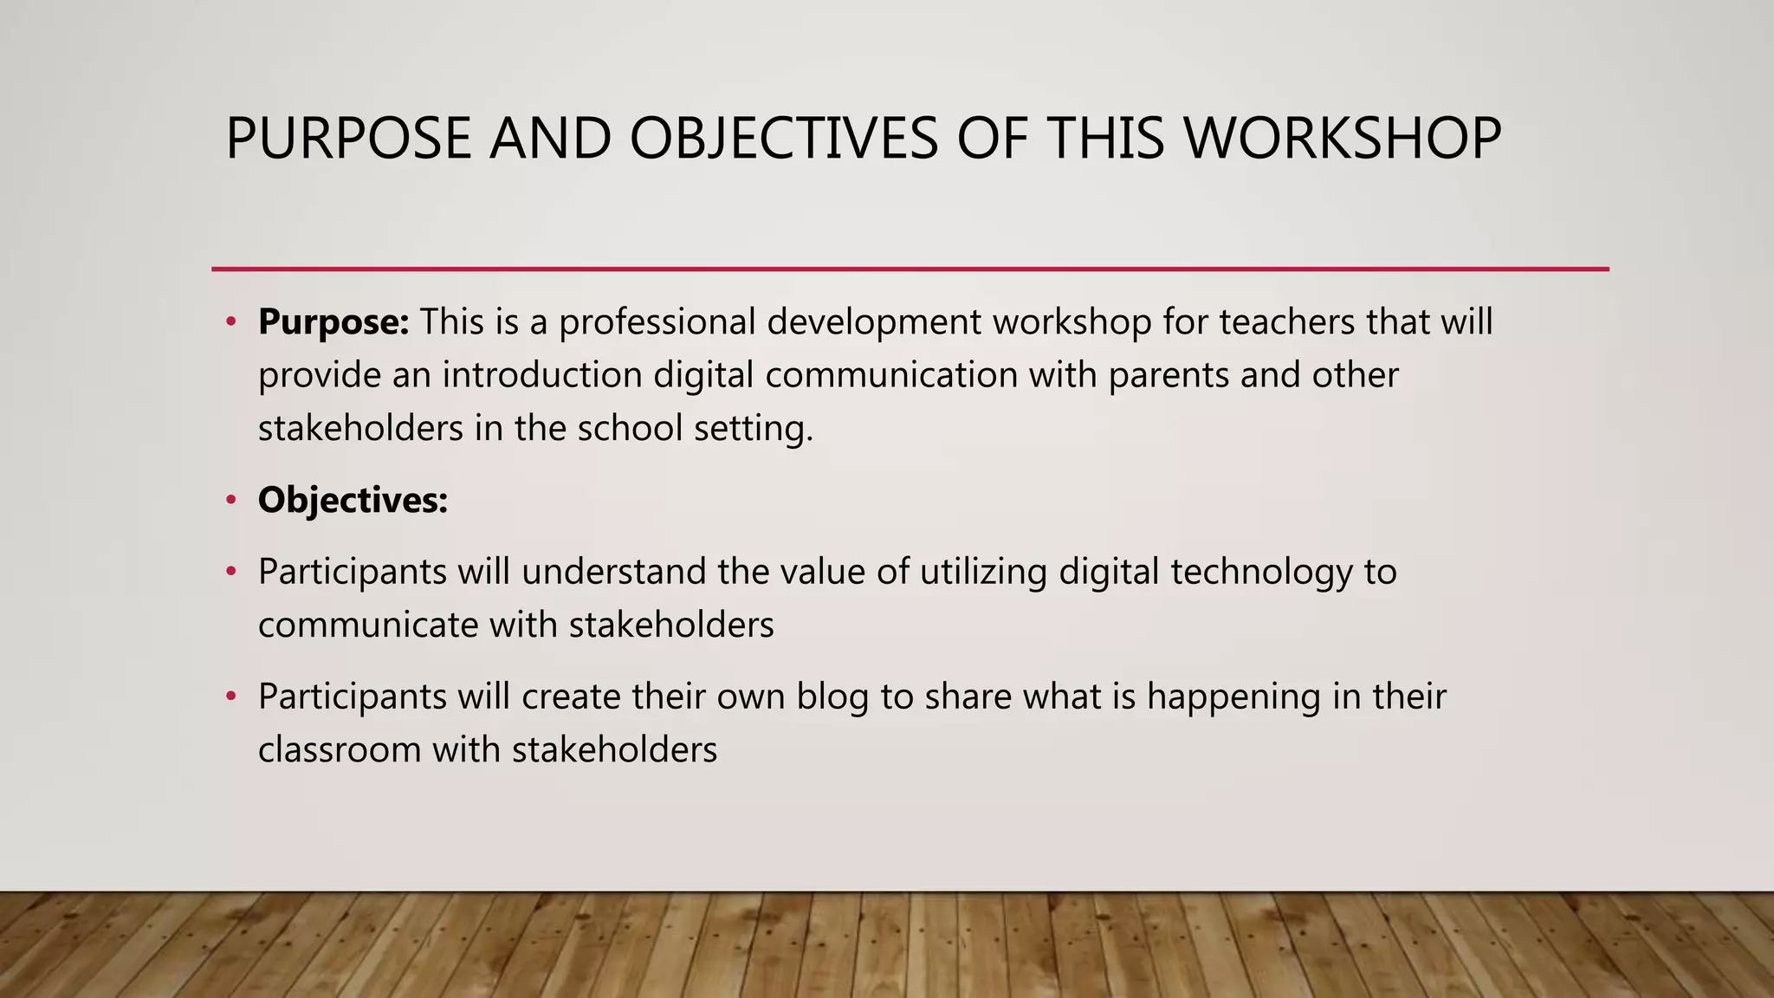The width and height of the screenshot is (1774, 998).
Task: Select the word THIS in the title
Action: [x=1105, y=139]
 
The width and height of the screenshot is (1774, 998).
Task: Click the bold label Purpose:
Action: [x=333, y=322]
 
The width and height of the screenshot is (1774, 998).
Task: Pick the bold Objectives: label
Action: [x=353, y=501]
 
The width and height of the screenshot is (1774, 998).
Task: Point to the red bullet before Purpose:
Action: [x=230, y=322]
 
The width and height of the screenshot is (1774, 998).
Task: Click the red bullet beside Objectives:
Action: [x=230, y=501]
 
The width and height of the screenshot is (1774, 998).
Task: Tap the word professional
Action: [x=657, y=322]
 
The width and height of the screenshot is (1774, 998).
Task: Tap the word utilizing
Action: [x=983, y=573]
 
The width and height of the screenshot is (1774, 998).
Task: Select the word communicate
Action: [x=368, y=625]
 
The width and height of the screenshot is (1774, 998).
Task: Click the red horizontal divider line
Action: [x=910, y=269]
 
